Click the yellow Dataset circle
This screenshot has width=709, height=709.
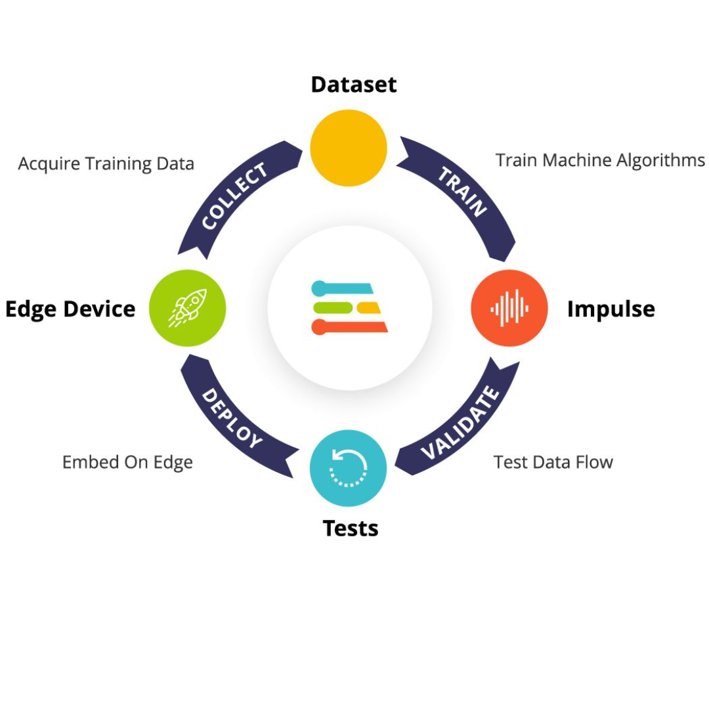tap(349, 148)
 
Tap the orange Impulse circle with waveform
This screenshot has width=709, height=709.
tap(509, 308)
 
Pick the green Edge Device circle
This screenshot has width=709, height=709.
tap(188, 308)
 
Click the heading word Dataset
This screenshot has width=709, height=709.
tap(354, 85)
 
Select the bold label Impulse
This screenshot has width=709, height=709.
tap(611, 309)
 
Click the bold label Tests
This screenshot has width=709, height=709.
tap(351, 528)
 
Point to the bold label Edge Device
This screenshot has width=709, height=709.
tap(70, 309)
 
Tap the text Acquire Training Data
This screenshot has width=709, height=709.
tap(106, 163)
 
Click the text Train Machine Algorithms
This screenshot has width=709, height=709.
tap(600, 160)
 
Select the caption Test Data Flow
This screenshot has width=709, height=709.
tap(553, 462)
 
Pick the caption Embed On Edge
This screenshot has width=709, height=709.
tap(127, 462)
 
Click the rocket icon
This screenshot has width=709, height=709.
tap(188, 307)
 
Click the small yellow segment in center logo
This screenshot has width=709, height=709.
tap(368, 307)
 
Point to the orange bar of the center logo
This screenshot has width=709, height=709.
tap(351, 326)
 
